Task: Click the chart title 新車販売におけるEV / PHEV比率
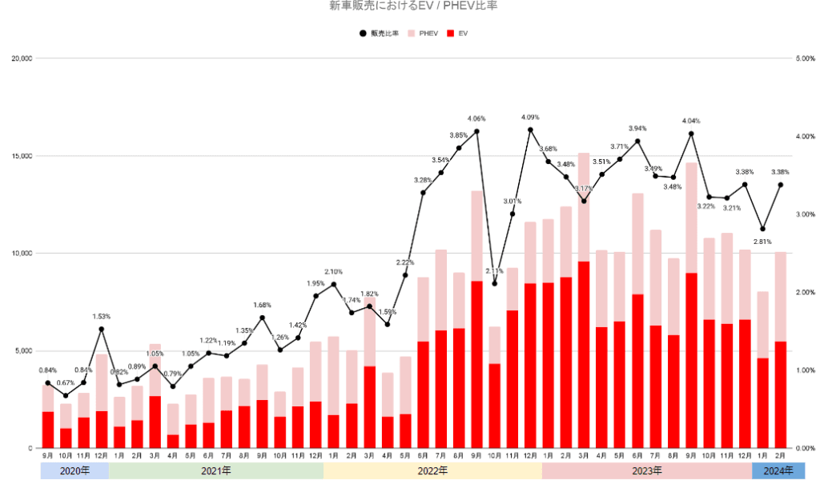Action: pos(409,6)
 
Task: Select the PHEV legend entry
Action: pos(424,34)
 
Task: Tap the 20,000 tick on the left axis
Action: pos(21,58)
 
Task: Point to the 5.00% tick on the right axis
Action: pos(803,58)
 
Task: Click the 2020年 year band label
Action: pos(74,470)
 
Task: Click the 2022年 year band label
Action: pos(432,470)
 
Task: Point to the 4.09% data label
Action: pos(531,118)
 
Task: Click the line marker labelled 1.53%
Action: pos(102,329)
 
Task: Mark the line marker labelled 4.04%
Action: pos(691,134)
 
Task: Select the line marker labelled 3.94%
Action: pos(637,141)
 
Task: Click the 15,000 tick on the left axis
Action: pos(21,156)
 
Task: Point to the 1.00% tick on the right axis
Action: pos(803,370)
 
